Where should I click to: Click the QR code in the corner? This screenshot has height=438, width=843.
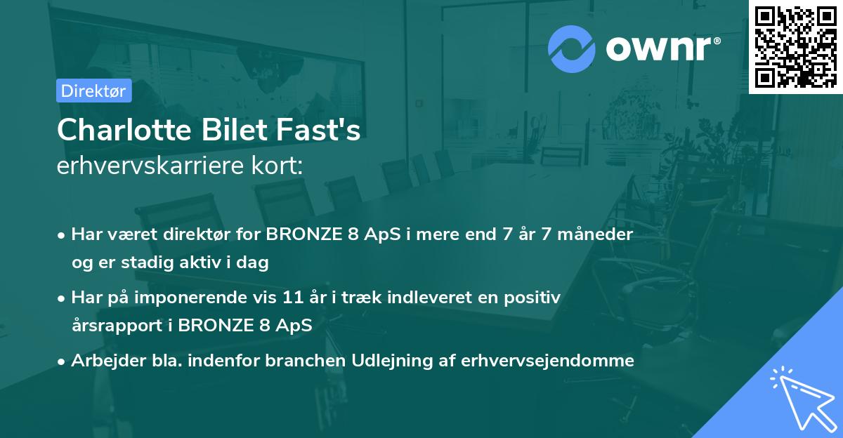(795, 47)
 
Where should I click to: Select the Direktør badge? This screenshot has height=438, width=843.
(93, 91)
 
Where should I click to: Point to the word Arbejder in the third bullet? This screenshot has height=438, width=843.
(100, 361)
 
